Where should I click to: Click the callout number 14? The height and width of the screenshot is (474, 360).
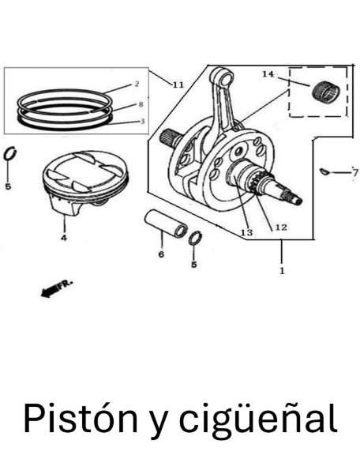pyautogui.click(x=268, y=74)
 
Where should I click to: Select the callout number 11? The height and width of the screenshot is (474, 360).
pyautogui.click(x=178, y=85)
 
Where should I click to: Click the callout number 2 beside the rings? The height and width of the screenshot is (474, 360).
pyautogui.click(x=137, y=84)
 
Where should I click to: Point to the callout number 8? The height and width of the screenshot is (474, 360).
pyautogui.click(x=141, y=104)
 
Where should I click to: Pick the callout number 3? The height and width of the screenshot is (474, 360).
pyautogui.click(x=142, y=122)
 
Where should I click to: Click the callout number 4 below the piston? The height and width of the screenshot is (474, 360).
pyautogui.click(x=64, y=238)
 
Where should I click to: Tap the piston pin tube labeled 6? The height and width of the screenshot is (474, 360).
pyautogui.click(x=166, y=224)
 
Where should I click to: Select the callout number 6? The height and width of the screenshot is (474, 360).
pyautogui.click(x=161, y=254)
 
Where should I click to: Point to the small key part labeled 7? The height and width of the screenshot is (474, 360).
pyautogui.click(x=325, y=171)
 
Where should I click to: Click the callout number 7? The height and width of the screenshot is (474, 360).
pyautogui.click(x=355, y=173)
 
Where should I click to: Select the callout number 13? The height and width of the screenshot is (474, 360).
pyautogui.click(x=246, y=232)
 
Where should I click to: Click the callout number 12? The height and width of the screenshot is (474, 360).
pyautogui.click(x=280, y=228)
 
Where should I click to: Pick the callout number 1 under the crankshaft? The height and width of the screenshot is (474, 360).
pyautogui.click(x=282, y=270)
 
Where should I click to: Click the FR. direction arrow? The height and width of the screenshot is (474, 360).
pyautogui.click(x=57, y=288)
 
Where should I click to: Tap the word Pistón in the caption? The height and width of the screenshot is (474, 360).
pyautogui.click(x=80, y=419)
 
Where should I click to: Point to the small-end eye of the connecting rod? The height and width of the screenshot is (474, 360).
pyautogui.click(x=225, y=77)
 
